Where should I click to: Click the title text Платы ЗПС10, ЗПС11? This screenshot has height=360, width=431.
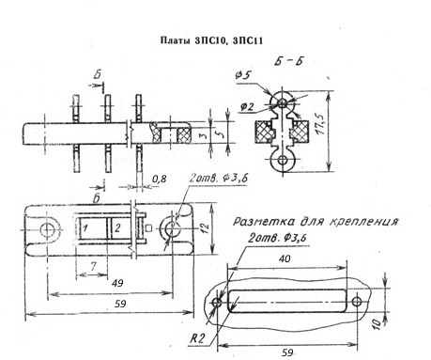(x=211, y=40)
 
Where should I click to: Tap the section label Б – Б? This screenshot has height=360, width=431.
(x=288, y=61)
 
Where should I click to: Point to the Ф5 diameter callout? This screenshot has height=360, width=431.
(x=244, y=75)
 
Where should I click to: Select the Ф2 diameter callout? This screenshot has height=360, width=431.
(x=246, y=107)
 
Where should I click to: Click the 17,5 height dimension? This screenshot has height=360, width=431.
(x=321, y=125)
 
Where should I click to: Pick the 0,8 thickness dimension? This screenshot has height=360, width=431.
(x=160, y=179)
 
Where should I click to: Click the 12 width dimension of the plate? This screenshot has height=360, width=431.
(x=205, y=227)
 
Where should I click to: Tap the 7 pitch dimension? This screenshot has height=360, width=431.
(x=93, y=266)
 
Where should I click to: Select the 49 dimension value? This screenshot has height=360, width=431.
(x=117, y=283)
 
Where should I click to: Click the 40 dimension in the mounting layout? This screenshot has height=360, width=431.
(x=285, y=258)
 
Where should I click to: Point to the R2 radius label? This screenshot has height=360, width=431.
(x=197, y=338)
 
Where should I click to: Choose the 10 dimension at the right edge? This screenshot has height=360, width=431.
(x=377, y=323)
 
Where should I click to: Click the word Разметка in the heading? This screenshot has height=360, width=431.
(x=264, y=222)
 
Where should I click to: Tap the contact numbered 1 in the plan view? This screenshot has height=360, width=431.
(x=85, y=227)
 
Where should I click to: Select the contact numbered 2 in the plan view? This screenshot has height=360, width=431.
(x=117, y=227)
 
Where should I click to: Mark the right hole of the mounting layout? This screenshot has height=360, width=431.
(x=357, y=302)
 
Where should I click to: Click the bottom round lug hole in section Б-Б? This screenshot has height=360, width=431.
(x=283, y=160)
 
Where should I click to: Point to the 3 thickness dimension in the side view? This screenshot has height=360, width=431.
(x=203, y=135)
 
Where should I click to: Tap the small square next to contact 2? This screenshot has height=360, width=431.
(x=149, y=228)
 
